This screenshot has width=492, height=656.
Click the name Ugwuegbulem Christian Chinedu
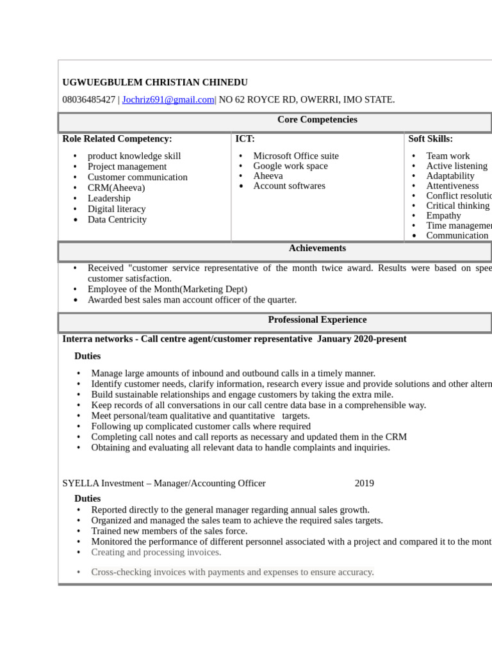154,83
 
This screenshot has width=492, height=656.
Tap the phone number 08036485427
88,99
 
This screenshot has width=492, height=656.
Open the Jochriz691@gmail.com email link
168,99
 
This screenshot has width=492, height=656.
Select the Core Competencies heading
317,120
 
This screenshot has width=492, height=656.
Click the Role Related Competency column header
117,138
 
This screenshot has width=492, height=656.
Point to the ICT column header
245,138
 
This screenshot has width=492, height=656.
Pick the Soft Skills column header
430,138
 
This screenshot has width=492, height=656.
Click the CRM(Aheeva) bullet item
116,188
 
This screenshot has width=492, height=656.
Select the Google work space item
290,166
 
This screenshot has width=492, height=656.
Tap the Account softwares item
289,186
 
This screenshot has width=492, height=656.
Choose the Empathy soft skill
443,215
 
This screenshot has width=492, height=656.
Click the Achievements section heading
317,249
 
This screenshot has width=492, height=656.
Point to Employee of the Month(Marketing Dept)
167,290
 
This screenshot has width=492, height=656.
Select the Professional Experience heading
317,320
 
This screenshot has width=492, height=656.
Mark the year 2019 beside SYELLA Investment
365,484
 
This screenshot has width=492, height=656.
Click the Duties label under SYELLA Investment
87,498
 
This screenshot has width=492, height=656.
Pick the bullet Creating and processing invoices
156,552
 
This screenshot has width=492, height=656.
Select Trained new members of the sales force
169,531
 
